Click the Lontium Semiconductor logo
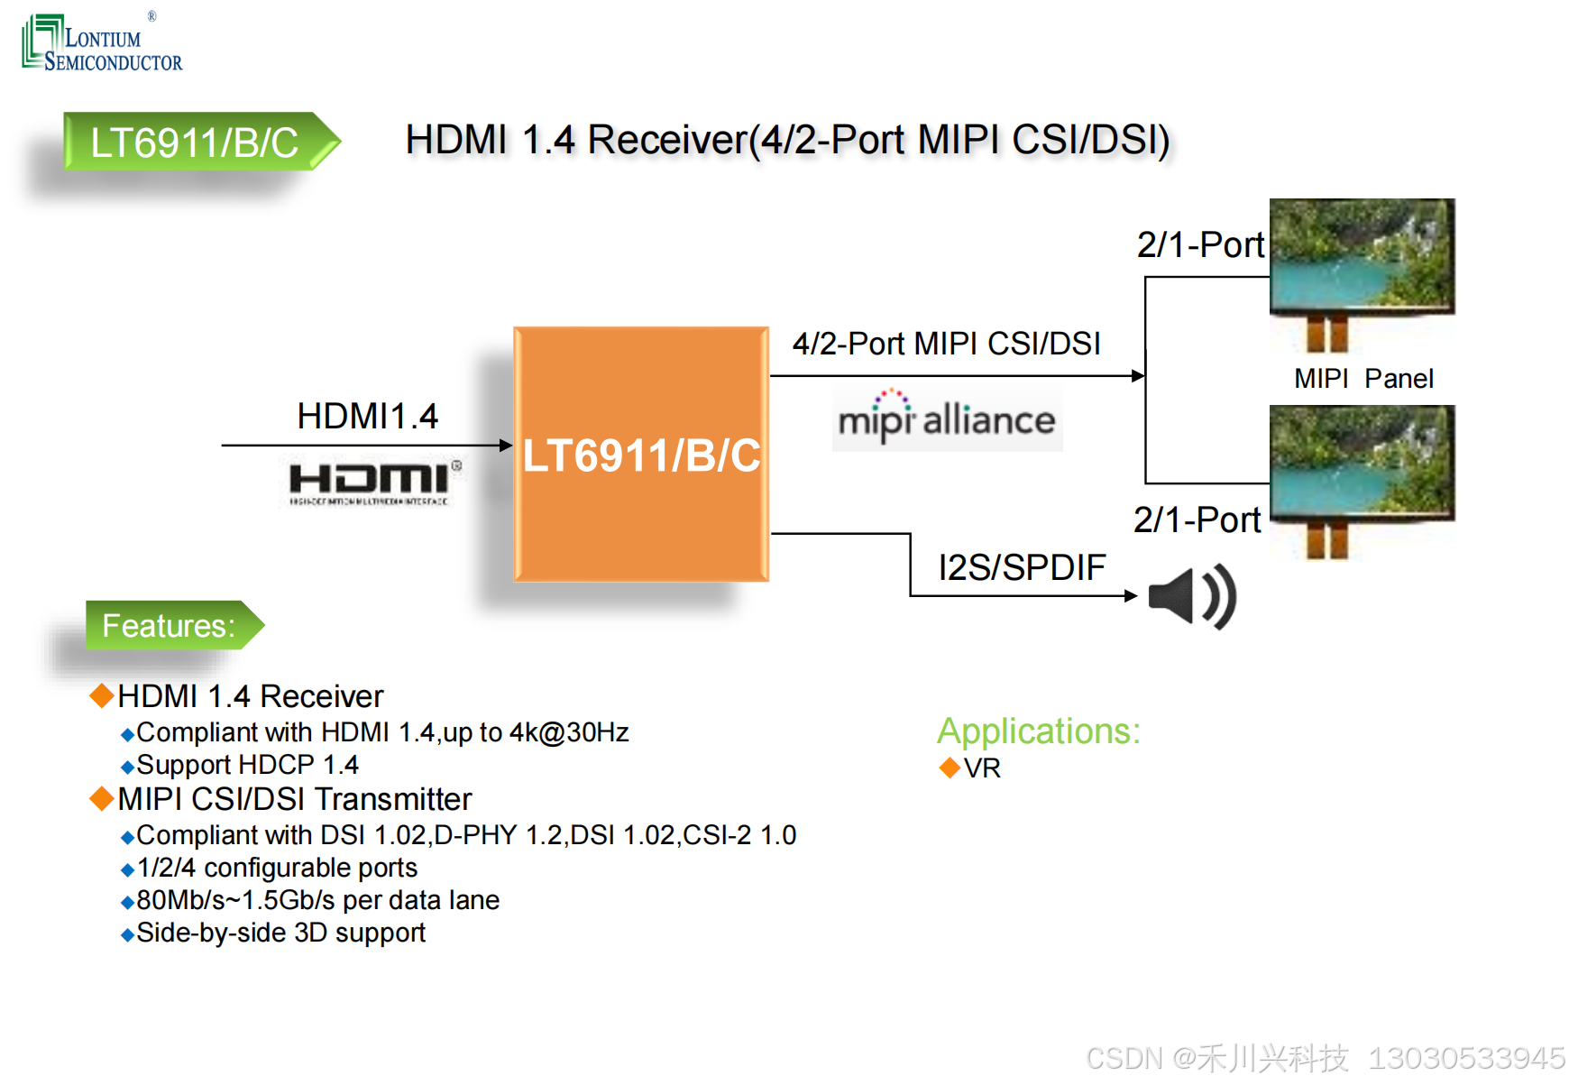click(101, 43)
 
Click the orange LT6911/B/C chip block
click(641, 454)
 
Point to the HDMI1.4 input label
click(367, 417)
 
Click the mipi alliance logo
click(947, 418)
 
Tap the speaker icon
click(1191, 596)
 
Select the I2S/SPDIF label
click(1022, 567)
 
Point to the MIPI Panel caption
click(1363, 379)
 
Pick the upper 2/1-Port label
click(1200, 245)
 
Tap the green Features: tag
click(169, 625)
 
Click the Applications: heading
click(1039, 731)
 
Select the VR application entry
click(981, 768)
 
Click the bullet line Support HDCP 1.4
click(247, 765)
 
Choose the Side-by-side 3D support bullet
click(280, 933)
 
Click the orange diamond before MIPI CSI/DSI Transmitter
click(102, 798)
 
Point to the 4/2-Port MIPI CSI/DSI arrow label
click(946, 344)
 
